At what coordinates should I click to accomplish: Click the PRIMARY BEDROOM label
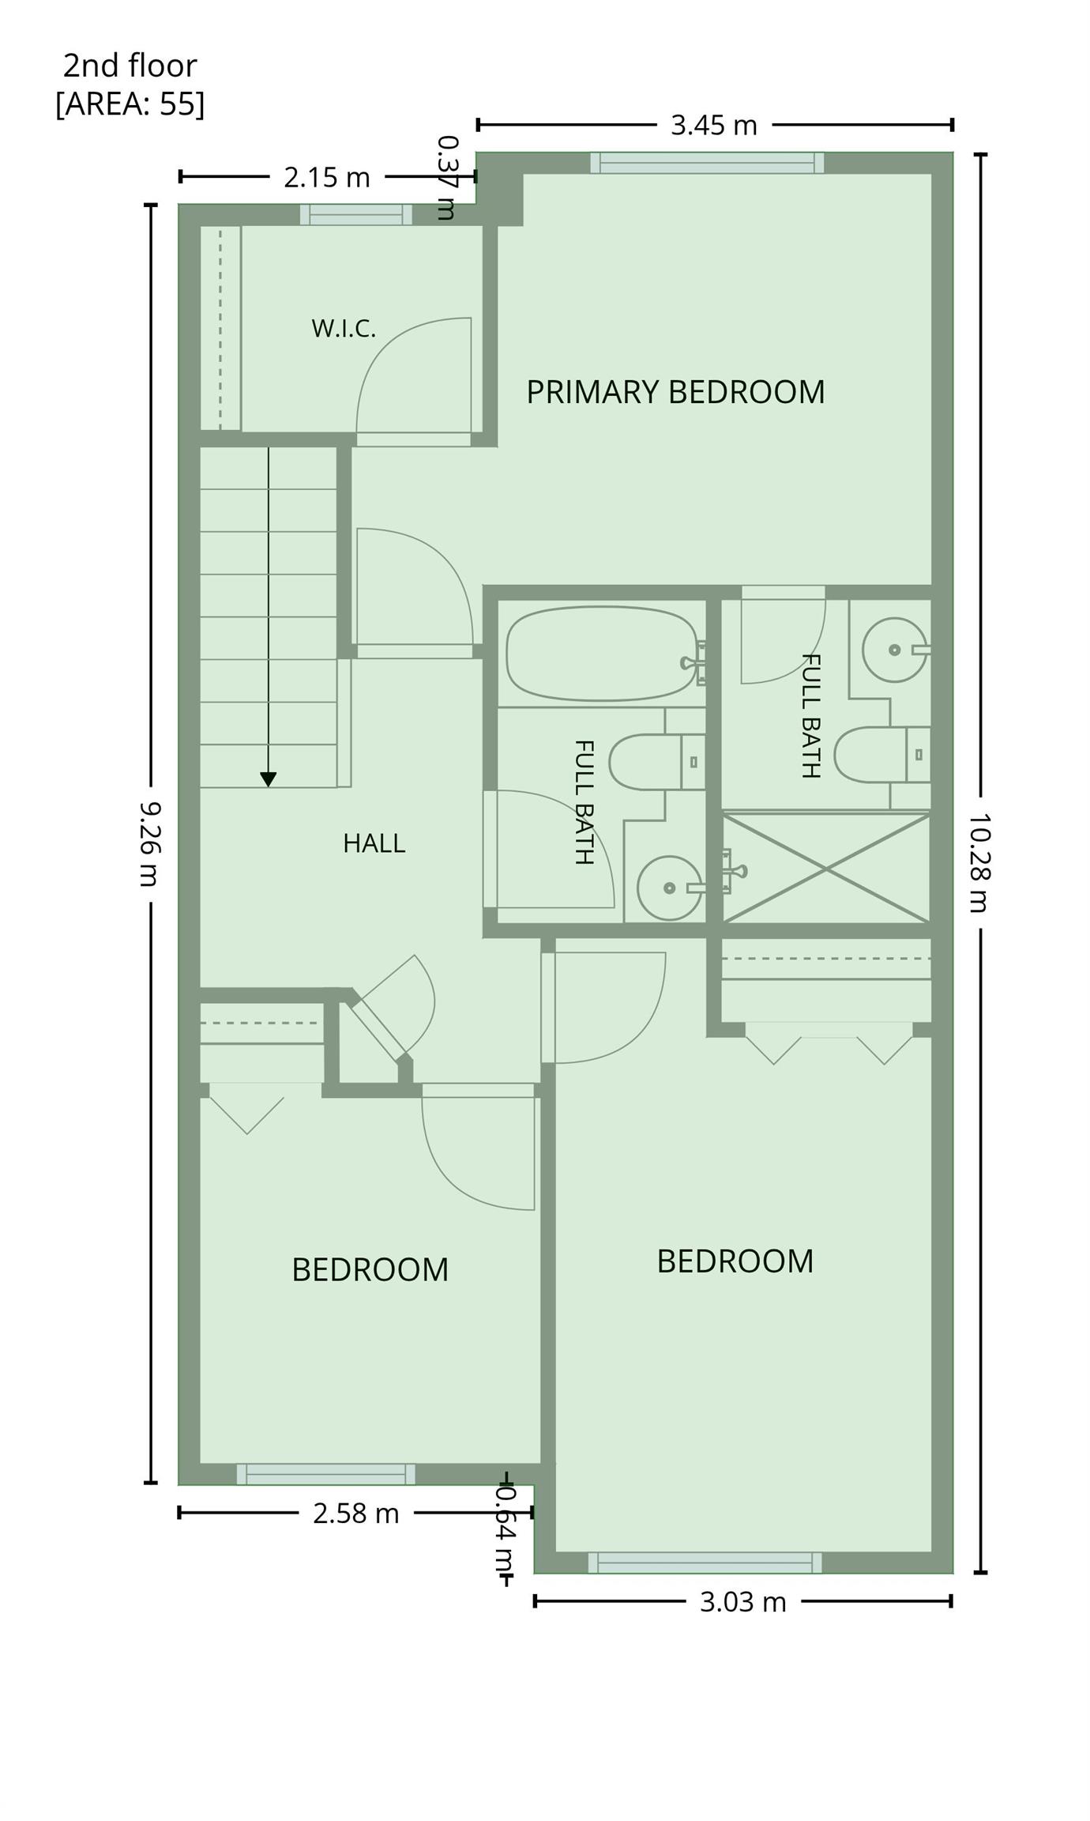675,392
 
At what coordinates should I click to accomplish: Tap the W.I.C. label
344,328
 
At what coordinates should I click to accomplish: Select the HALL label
374,843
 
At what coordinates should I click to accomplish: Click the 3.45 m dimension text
714,125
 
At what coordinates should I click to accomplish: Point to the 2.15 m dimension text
327,177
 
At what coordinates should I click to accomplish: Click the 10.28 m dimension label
980,862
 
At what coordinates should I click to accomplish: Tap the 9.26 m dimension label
150,843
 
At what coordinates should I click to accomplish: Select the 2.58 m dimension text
356,1514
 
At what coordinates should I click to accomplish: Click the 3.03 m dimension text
743,1602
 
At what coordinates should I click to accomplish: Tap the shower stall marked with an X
826,868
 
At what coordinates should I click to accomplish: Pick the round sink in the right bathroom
894,650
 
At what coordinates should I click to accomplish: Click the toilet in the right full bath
882,755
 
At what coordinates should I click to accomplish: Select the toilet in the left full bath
656,762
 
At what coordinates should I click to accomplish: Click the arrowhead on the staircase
269,779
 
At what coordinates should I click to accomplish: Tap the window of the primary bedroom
708,163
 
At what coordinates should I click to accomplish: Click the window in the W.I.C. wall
356,215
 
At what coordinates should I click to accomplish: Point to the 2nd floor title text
130,66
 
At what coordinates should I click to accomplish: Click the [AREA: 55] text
130,104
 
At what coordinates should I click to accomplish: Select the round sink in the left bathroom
670,888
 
